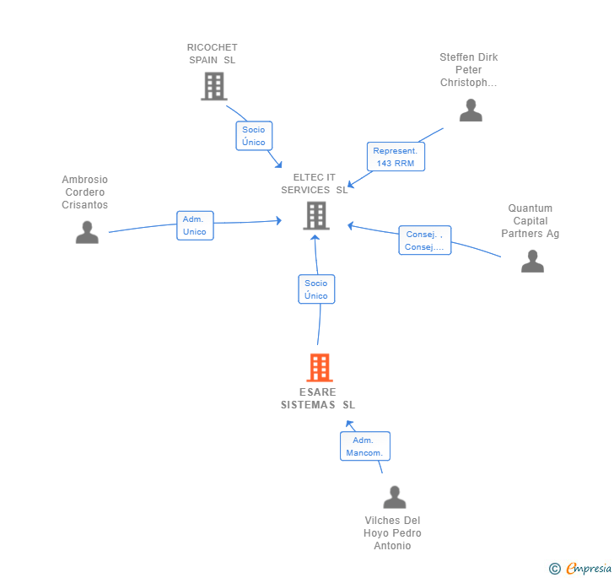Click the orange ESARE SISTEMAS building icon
tap(320, 368)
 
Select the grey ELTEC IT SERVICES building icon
tap(316, 215)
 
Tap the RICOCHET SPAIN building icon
tap(214, 86)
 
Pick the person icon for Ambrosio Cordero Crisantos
tap(87, 232)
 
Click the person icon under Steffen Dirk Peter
tap(471, 110)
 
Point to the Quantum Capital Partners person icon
tap(532, 261)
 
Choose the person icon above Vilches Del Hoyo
tap(395, 497)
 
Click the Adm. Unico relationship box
tap(195, 225)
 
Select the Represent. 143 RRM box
tap(396, 157)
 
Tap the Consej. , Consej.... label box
tap(425, 240)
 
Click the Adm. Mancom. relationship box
tap(365, 446)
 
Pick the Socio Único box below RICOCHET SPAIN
tap(254, 136)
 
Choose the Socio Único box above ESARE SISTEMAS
tap(316, 289)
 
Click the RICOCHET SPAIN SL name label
tap(213, 54)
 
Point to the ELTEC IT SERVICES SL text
tap(315, 184)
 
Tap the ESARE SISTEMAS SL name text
tap(318, 398)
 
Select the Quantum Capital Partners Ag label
tap(531, 221)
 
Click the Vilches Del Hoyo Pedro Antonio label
tap(392, 533)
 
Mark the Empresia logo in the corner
tap(580, 568)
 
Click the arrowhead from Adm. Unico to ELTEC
tap(279, 220)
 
